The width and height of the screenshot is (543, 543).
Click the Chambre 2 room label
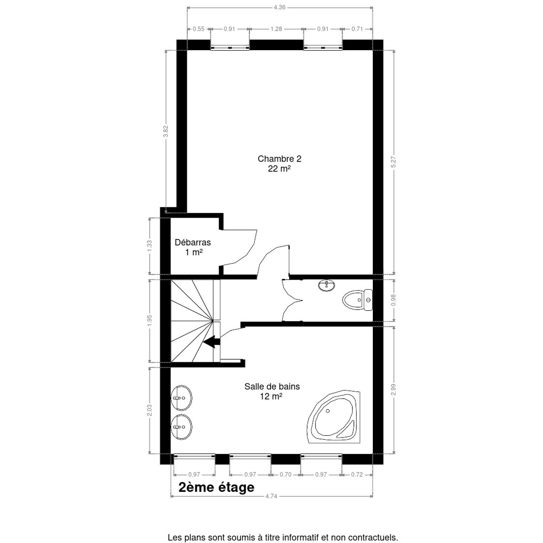click(279, 159)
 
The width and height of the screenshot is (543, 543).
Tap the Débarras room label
click(193, 243)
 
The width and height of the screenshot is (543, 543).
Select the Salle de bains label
click(272, 386)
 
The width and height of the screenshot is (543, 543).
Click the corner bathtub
click(333, 416)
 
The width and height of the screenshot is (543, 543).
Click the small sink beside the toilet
click(327, 286)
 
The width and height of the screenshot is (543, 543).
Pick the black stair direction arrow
click(212, 342)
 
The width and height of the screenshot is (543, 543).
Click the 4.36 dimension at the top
click(280, 7)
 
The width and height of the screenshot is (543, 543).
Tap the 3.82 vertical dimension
click(166, 131)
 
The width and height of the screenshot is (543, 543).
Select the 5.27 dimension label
click(394, 162)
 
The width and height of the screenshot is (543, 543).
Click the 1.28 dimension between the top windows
click(276, 29)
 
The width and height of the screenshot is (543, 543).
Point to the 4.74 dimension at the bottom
click(271, 496)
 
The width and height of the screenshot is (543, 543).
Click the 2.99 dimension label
click(394, 390)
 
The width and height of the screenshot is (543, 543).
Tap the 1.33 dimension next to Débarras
click(150, 246)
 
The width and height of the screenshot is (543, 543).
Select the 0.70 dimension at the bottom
click(286, 475)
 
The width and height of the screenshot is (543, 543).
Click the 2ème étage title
click(216, 487)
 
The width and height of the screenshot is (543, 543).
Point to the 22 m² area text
click(279, 169)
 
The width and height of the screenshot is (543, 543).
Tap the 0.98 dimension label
click(394, 300)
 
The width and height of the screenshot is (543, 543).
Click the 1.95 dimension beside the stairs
click(150, 320)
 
